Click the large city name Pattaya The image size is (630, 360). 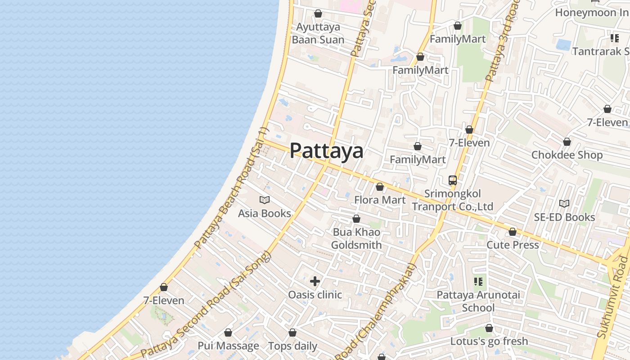point(326,151)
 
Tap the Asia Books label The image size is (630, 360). point(265,213)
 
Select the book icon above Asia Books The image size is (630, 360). point(265,200)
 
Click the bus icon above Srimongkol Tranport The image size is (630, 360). point(453,180)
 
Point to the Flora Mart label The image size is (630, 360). point(380,200)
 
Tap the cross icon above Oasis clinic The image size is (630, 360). point(315,281)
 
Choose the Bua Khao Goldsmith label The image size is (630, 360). point(356,238)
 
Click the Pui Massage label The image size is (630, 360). point(228,346)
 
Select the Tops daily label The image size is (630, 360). point(292,346)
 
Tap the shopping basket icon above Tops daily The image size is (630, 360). point(292,333)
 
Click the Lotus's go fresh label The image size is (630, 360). point(489,341)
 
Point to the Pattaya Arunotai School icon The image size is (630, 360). point(478,282)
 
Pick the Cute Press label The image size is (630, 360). point(513,245)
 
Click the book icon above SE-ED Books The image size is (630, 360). point(564,203)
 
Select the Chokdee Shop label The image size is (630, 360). point(567,155)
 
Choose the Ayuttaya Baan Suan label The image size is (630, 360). point(318,33)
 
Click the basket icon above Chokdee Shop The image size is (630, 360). point(567,142)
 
